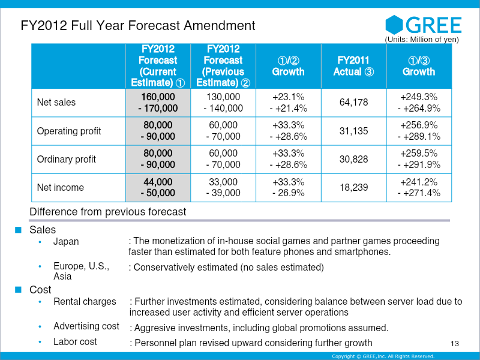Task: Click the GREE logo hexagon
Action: [394, 25]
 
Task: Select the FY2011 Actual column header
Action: [353, 66]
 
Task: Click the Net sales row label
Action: [56, 102]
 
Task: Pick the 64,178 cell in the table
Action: [353, 102]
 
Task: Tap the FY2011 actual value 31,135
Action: [353, 131]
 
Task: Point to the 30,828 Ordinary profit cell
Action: [353, 159]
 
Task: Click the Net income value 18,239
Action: [353, 187]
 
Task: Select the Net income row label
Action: [61, 187]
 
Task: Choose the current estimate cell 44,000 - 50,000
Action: [158, 187]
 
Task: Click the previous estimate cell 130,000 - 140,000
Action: [223, 102]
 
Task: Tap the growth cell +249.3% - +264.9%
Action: [419, 102]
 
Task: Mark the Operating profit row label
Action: [69, 131]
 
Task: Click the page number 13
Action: [455, 343]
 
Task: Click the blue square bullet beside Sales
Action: [19, 230]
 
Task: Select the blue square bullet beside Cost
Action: [19, 289]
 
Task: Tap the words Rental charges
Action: [85, 302]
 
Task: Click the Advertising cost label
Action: [86, 326]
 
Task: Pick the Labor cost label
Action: [75, 341]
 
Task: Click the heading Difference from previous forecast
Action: [108, 212]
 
